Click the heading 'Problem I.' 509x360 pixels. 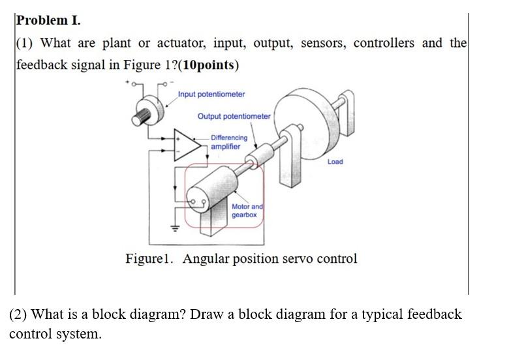coord(49,20)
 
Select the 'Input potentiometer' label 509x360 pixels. coord(211,94)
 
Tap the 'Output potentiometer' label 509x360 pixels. coord(234,116)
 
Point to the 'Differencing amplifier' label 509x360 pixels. coord(228,142)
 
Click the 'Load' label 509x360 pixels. coord(335,161)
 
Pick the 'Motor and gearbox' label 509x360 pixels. coord(247,210)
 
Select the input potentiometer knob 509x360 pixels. coord(147,111)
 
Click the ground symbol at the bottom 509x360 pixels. coord(174,228)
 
